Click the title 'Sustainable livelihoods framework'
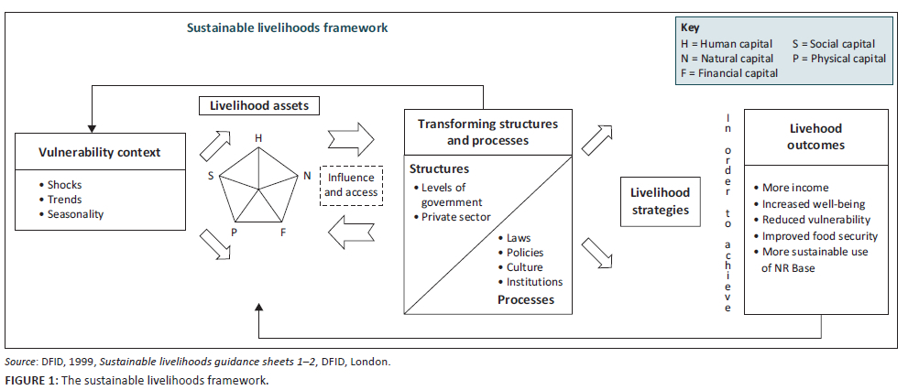288,27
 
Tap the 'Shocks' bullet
64,185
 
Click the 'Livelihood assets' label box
260,105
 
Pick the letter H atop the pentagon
259,138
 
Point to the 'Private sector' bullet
455,217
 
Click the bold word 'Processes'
526,299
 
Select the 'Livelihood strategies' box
660,201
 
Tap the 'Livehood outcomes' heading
816,136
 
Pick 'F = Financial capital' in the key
730,73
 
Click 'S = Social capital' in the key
834,43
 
